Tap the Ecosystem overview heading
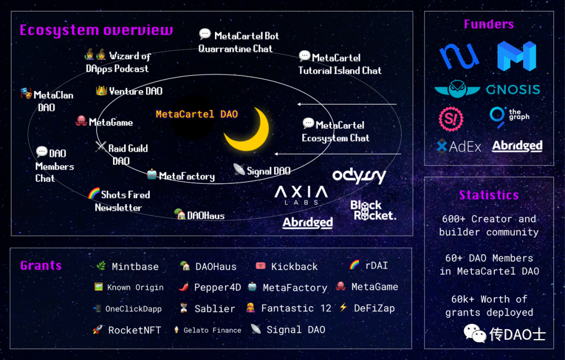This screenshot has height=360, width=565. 96,30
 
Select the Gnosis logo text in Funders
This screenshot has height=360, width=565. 513,89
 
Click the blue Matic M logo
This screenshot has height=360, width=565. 516,55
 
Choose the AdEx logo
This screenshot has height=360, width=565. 459,147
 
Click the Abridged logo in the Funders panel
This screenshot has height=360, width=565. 517,146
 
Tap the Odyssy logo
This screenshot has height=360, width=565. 359,176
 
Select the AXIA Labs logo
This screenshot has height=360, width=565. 301,195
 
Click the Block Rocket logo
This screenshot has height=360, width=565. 372,210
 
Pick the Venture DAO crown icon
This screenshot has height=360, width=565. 101,91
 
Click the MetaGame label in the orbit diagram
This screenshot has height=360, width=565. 110,122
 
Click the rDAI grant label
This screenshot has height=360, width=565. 376,265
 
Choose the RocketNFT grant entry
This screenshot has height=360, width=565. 134,330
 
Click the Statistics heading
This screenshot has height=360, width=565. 489,195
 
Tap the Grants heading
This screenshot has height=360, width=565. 41,265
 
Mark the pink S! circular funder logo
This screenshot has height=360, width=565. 450,118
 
